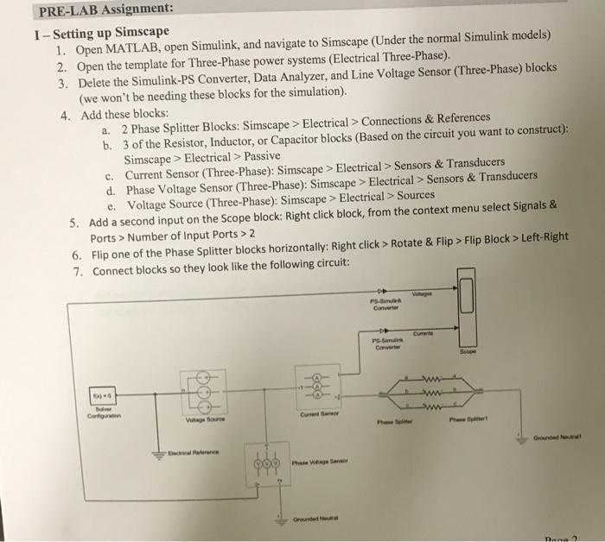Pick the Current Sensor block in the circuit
pyautogui.click(x=320, y=389)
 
